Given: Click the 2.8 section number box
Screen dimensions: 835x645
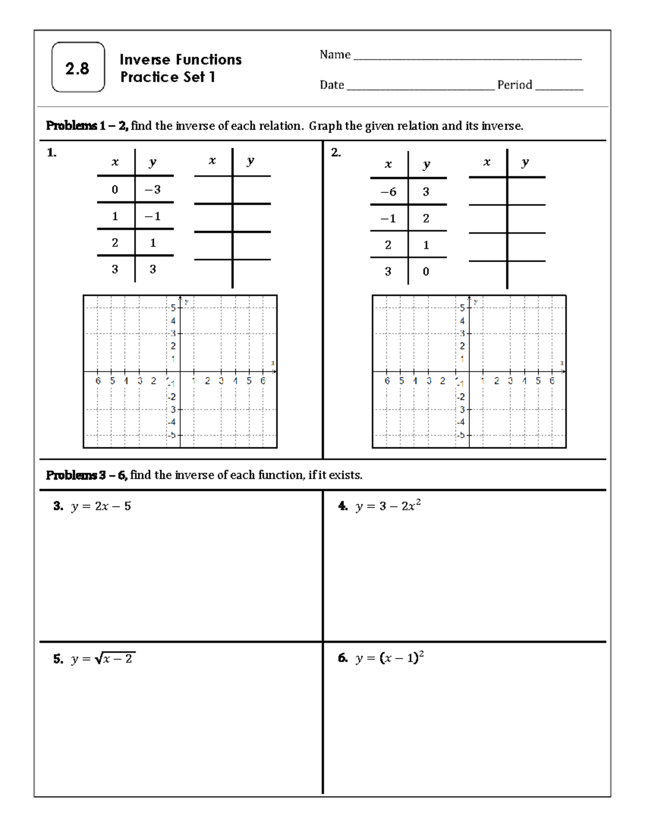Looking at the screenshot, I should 78,68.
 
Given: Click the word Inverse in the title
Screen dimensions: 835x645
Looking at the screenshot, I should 143,60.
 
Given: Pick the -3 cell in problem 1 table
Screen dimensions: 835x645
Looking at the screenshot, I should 153,190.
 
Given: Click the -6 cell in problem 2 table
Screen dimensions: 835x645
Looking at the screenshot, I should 388,192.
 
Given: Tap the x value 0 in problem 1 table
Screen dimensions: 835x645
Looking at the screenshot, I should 114,190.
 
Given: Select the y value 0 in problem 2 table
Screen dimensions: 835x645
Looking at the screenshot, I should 426,272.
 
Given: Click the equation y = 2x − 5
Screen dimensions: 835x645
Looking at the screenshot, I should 101,506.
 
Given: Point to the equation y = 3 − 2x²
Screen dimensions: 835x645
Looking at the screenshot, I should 388,506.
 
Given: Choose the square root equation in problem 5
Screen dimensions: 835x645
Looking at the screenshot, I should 103,659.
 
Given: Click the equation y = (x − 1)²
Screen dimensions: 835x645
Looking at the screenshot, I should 389,658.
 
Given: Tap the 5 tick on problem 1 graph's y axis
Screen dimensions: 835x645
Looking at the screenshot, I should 173,308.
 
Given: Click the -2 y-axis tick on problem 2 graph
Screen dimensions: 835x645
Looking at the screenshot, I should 461,397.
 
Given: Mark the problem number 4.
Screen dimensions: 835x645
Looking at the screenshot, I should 342,506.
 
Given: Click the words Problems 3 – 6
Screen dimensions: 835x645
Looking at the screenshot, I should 86,475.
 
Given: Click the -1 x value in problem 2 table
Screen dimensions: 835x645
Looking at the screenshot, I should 388,219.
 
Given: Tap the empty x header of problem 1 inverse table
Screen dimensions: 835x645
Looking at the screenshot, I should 212,161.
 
